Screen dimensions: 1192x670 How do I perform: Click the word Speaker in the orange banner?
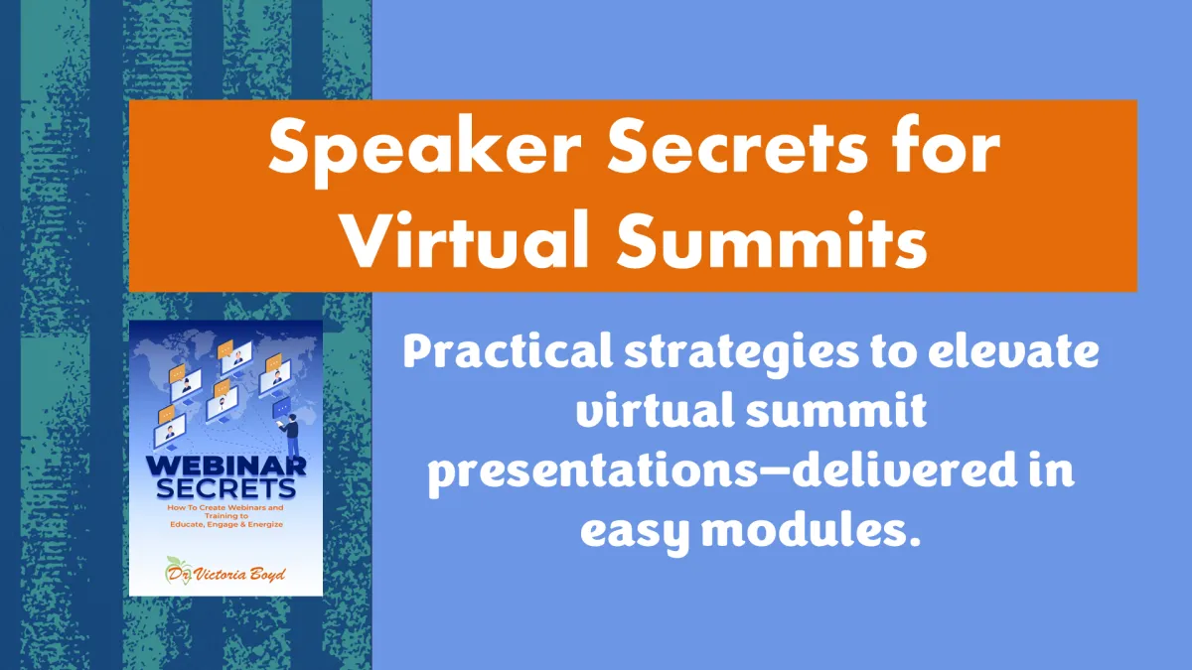424,149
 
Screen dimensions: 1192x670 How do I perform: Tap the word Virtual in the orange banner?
466,240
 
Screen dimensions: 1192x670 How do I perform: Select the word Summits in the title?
772,240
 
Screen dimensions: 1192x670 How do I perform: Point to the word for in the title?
948,145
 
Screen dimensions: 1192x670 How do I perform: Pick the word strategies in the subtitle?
741,355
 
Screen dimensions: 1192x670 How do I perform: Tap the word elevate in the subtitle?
1013,352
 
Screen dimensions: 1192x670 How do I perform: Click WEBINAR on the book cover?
226,467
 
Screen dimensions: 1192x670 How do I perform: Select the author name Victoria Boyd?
239,575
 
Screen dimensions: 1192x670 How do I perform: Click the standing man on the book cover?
290,436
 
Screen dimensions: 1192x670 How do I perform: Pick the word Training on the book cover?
226,516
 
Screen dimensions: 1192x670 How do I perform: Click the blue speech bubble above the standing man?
281,408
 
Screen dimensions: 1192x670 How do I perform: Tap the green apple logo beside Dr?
178,571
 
